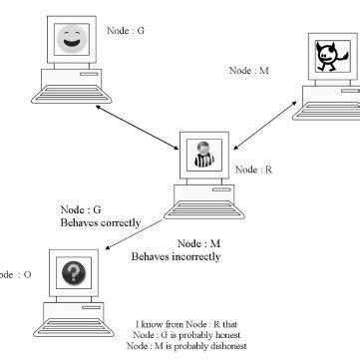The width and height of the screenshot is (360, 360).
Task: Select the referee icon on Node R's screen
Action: point(202,158)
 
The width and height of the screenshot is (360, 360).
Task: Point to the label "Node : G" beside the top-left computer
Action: point(126,31)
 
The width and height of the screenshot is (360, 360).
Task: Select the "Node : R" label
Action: point(254,171)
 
